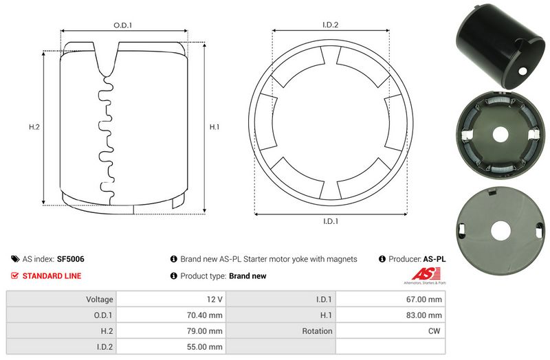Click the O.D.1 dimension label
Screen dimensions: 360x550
pyautogui.click(x=122, y=25)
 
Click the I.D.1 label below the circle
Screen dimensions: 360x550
pyautogui.click(x=331, y=221)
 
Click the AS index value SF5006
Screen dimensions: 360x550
pyautogui.click(x=71, y=260)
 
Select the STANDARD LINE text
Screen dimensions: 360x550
pyautogui.click(x=52, y=276)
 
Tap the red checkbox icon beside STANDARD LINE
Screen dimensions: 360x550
pyautogui.click(x=15, y=276)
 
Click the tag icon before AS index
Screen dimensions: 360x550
pyautogui.click(x=15, y=260)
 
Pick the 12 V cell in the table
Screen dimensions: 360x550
pyautogui.click(x=214, y=300)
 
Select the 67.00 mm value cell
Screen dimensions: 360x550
pyautogui.click(x=424, y=300)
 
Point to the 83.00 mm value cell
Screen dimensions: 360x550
pyautogui.click(x=424, y=315)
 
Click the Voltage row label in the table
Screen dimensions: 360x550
pyautogui.click(x=100, y=300)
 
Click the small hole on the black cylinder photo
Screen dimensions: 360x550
pyautogui.click(x=522, y=71)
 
